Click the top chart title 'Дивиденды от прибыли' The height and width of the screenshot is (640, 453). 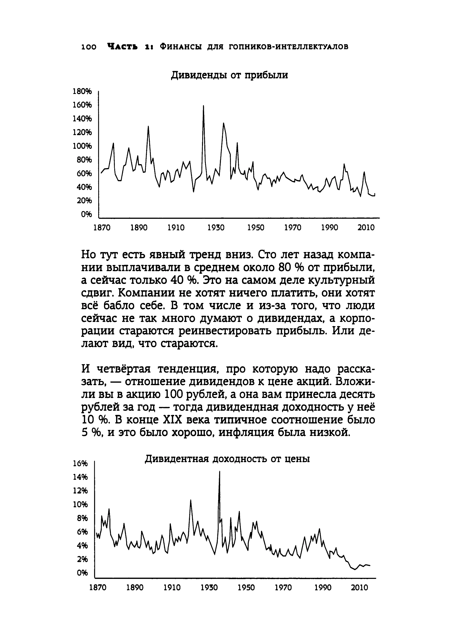(229, 75)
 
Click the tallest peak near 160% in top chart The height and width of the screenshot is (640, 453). (203, 106)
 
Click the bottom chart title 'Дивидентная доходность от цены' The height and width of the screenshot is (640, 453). (227, 459)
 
